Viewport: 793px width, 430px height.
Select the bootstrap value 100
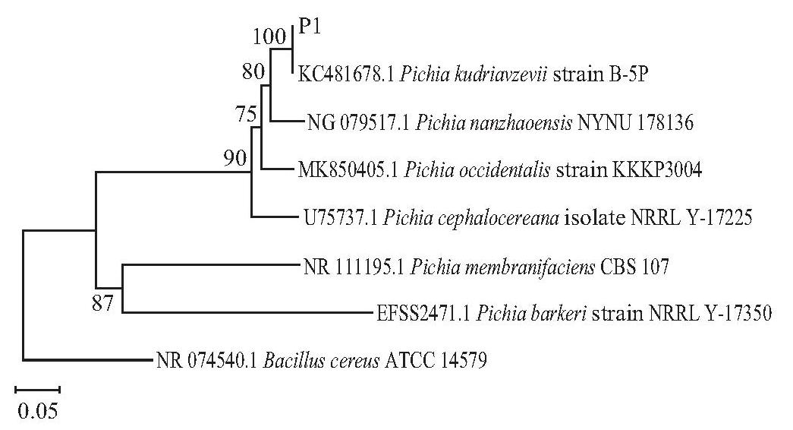[270, 37]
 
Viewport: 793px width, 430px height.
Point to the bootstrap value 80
[253, 72]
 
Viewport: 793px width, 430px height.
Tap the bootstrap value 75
[247, 115]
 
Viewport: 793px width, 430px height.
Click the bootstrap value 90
[236, 158]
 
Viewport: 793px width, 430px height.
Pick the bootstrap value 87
[103, 303]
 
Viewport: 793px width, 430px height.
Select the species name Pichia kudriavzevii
[474, 75]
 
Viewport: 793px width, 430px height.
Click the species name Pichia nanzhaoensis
[494, 122]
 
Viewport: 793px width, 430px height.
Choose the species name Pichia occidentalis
[477, 170]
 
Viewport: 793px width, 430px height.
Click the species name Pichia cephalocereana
[471, 218]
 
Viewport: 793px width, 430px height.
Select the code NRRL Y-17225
[691, 218]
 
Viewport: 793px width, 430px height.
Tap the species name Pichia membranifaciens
[502, 266]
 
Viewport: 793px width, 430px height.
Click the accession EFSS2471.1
[423, 314]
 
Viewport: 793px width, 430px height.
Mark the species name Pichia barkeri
[531, 314]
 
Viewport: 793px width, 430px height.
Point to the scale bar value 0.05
[38, 410]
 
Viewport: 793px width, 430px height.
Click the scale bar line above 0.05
[38, 390]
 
